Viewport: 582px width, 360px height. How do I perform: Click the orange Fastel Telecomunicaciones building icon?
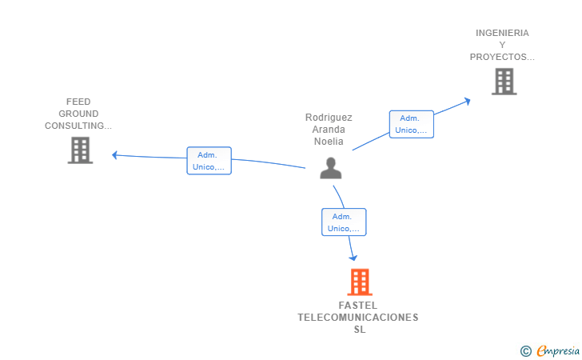[360, 282]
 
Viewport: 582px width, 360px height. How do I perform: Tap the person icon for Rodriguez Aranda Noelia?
[331, 168]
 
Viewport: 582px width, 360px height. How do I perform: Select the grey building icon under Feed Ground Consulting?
[80, 150]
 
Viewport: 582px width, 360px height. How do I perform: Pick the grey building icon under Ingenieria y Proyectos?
[504, 82]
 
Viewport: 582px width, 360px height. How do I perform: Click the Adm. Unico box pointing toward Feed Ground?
[209, 161]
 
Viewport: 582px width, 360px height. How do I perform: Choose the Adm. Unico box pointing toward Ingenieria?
[412, 124]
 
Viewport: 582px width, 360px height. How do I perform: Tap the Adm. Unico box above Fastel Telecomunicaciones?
[344, 222]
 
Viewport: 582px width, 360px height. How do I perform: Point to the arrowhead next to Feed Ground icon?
[115, 154]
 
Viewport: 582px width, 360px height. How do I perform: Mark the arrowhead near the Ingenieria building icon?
[467, 100]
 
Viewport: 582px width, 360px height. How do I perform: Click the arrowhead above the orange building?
[353, 258]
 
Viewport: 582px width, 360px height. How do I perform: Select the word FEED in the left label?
[78, 102]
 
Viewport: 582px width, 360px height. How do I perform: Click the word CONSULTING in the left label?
[78, 126]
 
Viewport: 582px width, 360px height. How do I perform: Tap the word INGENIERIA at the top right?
[502, 33]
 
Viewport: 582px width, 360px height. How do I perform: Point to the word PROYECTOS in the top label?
[501, 57]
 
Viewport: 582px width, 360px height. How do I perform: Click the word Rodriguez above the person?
[329, 118]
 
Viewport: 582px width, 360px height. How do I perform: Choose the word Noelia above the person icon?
[329, 142]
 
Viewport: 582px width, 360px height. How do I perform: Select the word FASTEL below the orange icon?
[357, 306]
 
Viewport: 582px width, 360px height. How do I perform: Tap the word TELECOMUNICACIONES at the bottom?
[357, 318]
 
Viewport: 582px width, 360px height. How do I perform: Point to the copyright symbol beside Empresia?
[525, 350]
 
